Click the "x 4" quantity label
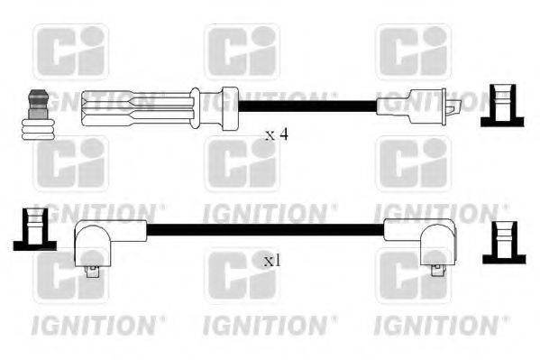point(277,134)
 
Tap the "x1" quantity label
point(271,261)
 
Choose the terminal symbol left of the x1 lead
point(32,230)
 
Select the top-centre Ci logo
point(241,51)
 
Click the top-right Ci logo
point(412,51)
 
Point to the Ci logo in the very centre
point(241,164)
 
